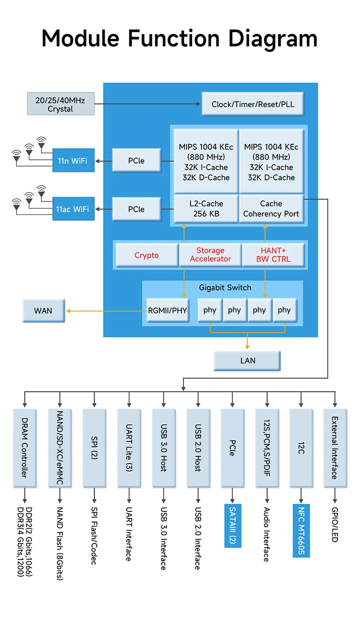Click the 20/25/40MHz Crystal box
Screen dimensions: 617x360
point(60,104)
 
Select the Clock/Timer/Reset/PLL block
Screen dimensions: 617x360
point(253,104)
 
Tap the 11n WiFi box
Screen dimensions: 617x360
point(73,161)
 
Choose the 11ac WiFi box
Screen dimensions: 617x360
point(73,209)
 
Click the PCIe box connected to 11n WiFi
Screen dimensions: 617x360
point(136,161)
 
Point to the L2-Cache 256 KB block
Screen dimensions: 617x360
point(206,209)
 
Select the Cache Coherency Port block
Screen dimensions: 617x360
point(271,209)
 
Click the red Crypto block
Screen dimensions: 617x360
point(146,255)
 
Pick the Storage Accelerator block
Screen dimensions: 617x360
point(210,255)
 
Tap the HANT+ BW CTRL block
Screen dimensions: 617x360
point(273,255)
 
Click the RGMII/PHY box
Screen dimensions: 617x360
point(167,310)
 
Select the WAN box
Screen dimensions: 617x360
point(43,311)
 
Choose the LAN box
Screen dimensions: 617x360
point(248,361)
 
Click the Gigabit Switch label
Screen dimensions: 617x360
point(225,288)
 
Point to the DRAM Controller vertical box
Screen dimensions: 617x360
point(25,447)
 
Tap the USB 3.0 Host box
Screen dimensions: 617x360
point(163,447)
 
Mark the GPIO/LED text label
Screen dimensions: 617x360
point(335,524)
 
